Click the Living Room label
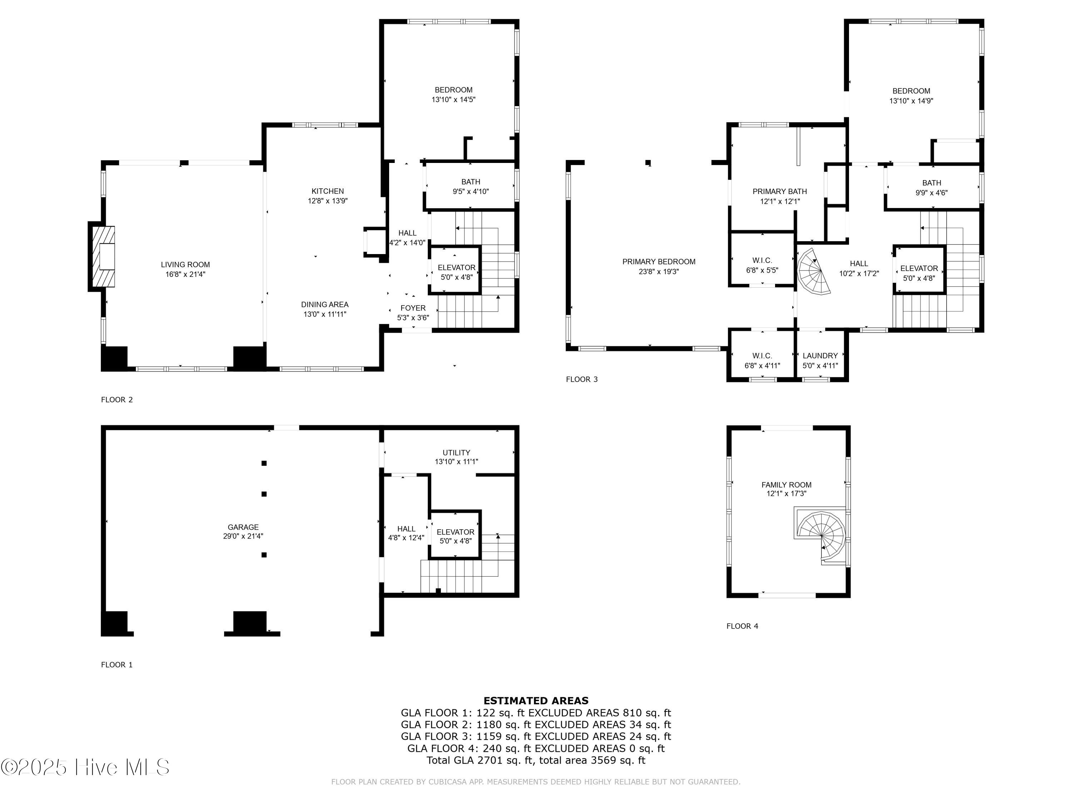[185, 265]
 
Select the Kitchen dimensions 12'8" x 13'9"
[328, 200]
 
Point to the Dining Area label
[325, 304]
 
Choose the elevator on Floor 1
[455, 535]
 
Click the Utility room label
[456, 453]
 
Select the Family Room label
[786, 485]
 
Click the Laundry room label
[820, 356]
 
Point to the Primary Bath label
[780, 192]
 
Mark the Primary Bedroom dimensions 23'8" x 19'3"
[659, 271]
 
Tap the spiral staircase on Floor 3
[814, 271]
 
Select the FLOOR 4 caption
[742, 626]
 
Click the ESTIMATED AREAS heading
[536, 700]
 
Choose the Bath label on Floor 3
[932, 183]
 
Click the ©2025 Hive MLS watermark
[85, 767]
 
